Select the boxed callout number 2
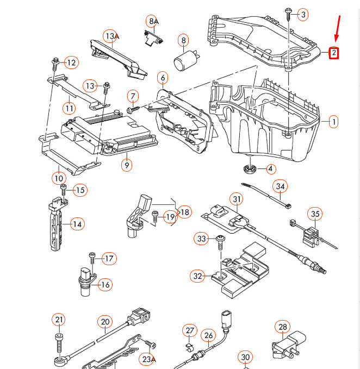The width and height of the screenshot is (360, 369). tap(333, 53)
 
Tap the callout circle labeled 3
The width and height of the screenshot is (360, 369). tap(303, 15)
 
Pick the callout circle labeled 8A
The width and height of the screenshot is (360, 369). tap(153, 21)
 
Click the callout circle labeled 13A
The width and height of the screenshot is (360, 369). tap(111, 36)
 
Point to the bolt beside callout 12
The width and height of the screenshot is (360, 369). tap(55, 64)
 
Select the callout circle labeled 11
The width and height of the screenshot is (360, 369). tap(69, 108)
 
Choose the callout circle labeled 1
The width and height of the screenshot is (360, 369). tap(333, 121)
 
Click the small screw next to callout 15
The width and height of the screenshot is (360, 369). tap(63, 190)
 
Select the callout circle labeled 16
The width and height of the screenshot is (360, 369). tap(105, 284)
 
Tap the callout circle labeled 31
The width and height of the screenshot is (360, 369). tap(236, 199)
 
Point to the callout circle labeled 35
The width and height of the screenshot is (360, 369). tap(315, 213)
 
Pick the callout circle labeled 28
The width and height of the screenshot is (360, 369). tap(282, 327)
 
